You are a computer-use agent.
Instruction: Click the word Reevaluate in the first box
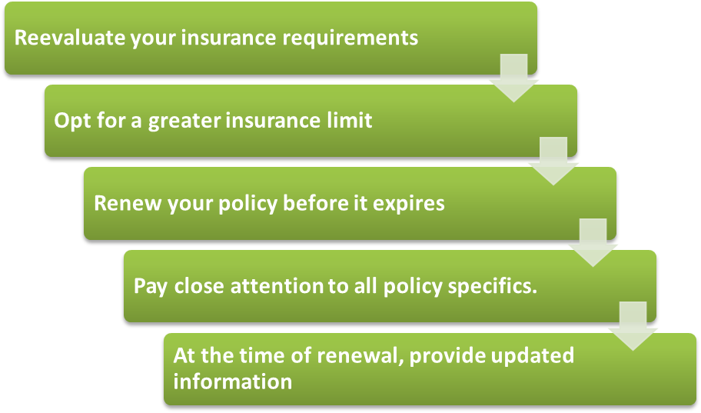coord(70,38)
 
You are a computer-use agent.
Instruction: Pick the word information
coord(232,381)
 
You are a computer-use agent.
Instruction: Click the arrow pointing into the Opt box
coord(513,78)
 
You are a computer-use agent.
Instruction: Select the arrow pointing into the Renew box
coord(553,161)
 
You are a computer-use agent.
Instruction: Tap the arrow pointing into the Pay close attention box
coord(593,243)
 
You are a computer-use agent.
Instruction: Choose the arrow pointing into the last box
coord(633,326)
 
